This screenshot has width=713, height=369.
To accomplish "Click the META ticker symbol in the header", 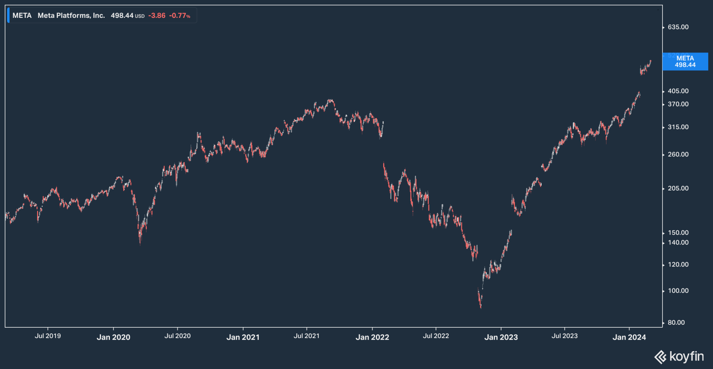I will point(22,16).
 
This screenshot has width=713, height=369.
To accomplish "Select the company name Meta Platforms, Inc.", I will point(71,16).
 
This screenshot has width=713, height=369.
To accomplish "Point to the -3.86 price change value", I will point(157,16).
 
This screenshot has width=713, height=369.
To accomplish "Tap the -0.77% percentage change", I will point(180,16).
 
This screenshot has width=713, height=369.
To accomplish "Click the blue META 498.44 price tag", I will point(685,61).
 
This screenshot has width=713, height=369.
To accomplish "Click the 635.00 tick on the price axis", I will point(678,27).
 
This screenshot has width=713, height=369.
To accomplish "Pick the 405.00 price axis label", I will point(678,91).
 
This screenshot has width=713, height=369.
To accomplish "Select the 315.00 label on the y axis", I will point(678,127).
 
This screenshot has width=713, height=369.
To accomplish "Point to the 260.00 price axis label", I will point(678,154).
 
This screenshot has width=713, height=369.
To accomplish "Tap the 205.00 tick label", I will point(678,189).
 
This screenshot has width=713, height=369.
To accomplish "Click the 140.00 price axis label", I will point(678,243).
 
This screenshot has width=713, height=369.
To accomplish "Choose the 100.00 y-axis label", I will point(678,291).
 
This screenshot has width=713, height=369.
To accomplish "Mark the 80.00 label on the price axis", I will point(676,323).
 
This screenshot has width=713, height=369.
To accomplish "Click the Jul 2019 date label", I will point(48,336).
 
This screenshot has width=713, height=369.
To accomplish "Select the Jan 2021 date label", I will point(243,337).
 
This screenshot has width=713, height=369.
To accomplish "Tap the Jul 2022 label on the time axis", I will point(436,336).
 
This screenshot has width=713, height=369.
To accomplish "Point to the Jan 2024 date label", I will point(629,337).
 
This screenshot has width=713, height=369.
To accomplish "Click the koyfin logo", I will point(679,357).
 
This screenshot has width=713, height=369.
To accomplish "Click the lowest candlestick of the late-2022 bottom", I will point(481,306).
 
